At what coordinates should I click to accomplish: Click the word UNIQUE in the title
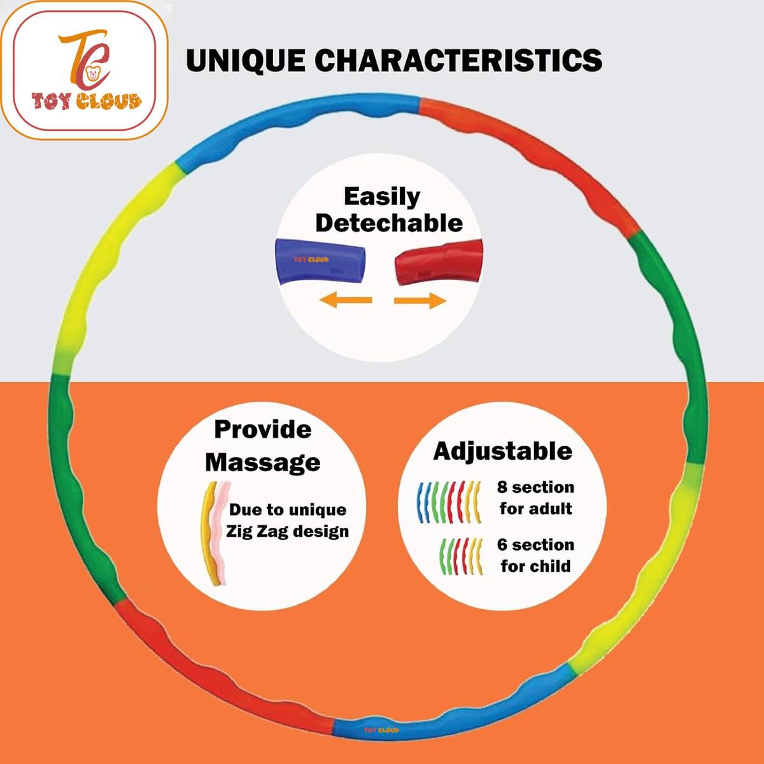tap(246, 60)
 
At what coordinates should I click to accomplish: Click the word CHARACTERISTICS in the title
tap(458, 60)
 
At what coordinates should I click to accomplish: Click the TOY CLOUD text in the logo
tap(87, 101)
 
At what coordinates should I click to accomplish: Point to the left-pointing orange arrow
tap(346, 300)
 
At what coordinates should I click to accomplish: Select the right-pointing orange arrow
tap(420, 301)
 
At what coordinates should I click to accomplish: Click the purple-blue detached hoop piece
tap(320, 261)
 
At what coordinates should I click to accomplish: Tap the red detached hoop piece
tap(439, 262)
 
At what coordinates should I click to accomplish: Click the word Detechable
tap(389, 223)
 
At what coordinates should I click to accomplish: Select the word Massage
tap(263, 463)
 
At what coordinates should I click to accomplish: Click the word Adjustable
tap(502, 452)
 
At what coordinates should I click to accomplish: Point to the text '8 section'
tap(535, 487)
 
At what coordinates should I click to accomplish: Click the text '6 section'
tap(535, 545)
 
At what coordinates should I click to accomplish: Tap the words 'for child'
tap(535, 566)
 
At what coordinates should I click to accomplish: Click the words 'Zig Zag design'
tap(287, 532)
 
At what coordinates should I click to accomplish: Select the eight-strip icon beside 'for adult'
tap(449, 502)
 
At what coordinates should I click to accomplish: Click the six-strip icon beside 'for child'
tap(461, 556)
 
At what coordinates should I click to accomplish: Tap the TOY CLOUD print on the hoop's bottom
tap(381, 730)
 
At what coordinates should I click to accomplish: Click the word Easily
tap(382, 197)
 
